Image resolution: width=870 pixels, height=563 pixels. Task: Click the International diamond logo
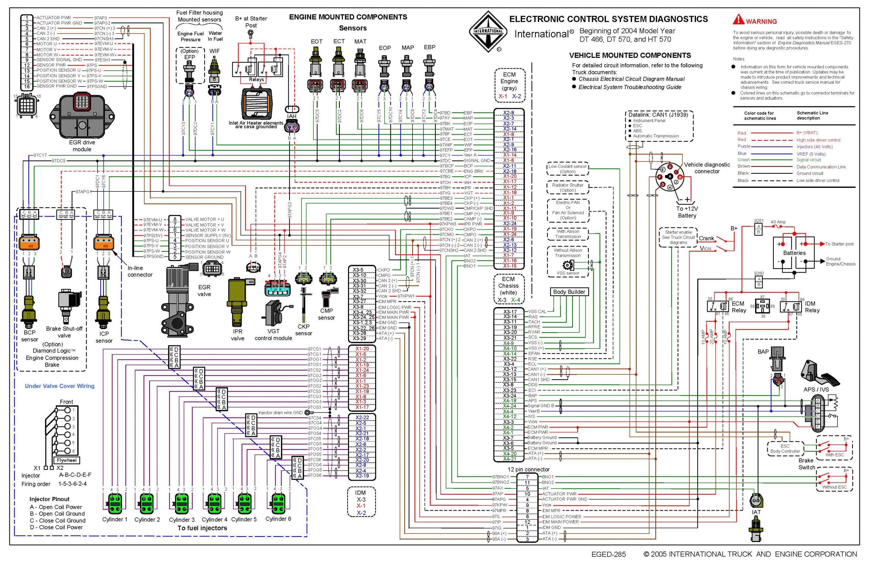point(488,31)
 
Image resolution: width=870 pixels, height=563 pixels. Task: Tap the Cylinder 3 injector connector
point(181,504)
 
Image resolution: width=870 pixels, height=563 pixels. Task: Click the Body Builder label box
point(569,292)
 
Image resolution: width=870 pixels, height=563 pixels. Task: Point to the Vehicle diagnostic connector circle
point(669,177)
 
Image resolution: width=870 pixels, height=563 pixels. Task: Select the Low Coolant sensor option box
point(568,169)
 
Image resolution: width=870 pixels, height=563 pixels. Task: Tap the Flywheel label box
point(67,460)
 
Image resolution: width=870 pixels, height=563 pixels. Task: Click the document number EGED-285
point(608,554)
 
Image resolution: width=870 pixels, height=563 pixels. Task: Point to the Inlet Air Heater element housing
point(257,103)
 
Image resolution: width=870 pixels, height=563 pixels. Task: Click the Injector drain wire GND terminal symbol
point(307,413)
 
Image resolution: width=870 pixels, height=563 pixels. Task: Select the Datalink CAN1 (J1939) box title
point(658,115)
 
